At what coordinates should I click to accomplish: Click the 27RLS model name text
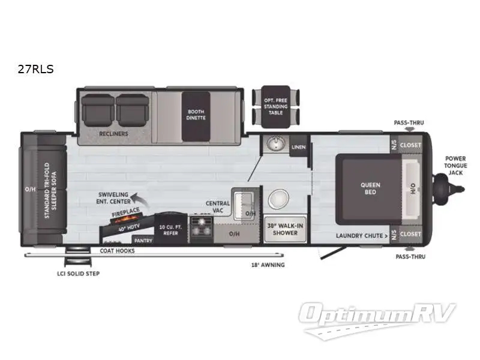coord(37,70)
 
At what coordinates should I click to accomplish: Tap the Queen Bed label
coord(370,188)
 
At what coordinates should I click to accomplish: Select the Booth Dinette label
coord(196,114)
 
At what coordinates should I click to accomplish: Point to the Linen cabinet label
coord(299,146)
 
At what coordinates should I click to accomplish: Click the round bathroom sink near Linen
coord(277,144)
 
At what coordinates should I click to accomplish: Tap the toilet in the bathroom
coord(279,200)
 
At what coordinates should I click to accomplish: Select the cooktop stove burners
coord(201,229)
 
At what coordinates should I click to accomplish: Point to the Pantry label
coord(143,240)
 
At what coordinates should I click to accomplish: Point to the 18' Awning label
coord(268,265)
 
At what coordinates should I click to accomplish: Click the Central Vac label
coord(218,207)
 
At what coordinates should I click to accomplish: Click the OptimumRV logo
coord(378,316)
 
